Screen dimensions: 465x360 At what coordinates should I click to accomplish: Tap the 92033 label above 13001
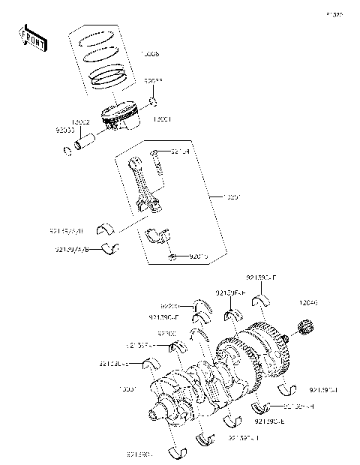coord(154,80)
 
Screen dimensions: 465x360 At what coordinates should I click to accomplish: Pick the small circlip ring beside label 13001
coord(153,101)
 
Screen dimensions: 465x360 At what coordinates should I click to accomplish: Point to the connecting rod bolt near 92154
coord(157,161)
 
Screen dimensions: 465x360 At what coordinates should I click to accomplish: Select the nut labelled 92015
coord(172,257)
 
